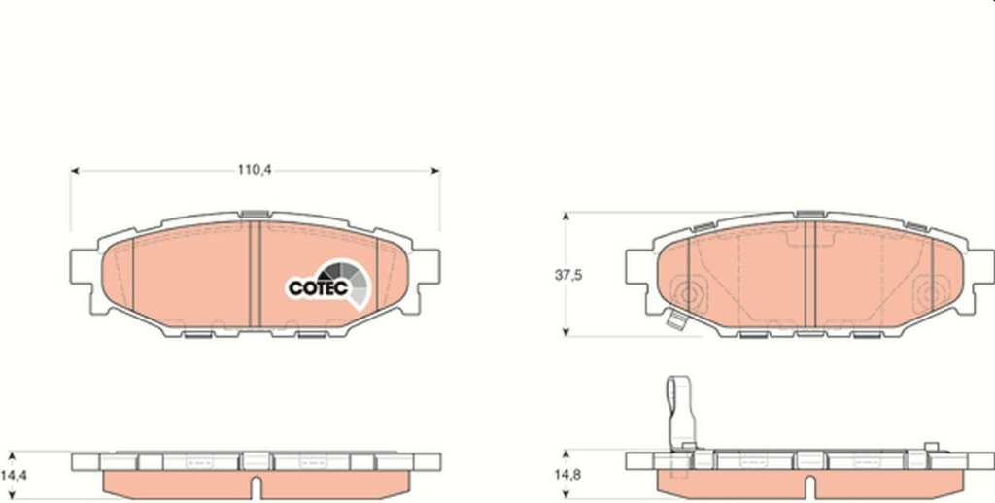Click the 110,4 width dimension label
point(255,170)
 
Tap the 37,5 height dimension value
point(568,275)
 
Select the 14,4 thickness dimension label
point(14,475)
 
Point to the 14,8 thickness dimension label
point(568,475)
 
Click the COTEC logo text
point(318,288)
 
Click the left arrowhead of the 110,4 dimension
point(74,171)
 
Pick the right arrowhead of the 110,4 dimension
point(436,171)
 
